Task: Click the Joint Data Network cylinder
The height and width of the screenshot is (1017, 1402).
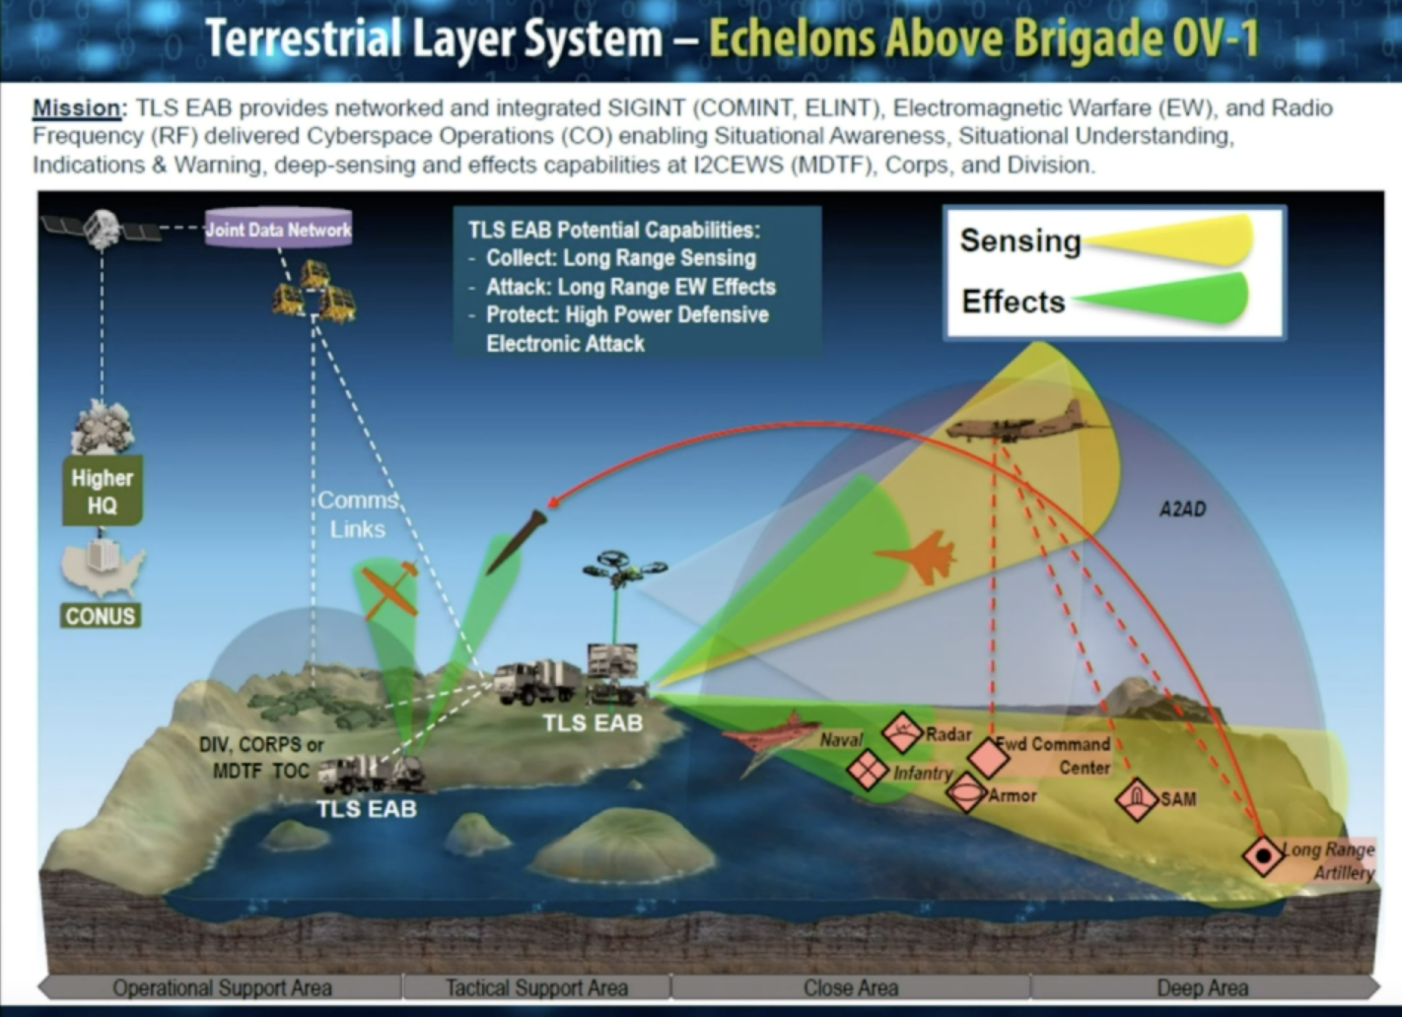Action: [278, 229]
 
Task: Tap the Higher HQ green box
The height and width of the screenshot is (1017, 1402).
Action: [102, 491]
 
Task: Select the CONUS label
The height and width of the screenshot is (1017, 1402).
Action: [100, 616]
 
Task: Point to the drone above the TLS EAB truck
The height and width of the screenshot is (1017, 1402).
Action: [623, 569]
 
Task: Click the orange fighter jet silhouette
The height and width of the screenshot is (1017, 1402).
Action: [921, 557]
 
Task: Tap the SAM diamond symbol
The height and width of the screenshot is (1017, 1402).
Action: [1136, 798]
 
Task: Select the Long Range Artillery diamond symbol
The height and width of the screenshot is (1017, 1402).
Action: [1263, 855]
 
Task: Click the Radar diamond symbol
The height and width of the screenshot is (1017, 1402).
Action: [902, 734]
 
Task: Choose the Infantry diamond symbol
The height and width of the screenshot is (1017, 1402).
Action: [868, 770]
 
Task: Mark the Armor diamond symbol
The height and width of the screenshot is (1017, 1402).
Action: [966, 792]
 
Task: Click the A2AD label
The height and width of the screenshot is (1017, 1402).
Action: [1181, 509]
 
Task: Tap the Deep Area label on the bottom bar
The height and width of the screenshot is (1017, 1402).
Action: [1202, 987]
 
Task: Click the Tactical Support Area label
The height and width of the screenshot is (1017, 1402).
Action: [536, 987]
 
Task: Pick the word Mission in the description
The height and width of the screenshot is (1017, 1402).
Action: [77, 108]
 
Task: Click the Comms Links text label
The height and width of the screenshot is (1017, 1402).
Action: [357, 514]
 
